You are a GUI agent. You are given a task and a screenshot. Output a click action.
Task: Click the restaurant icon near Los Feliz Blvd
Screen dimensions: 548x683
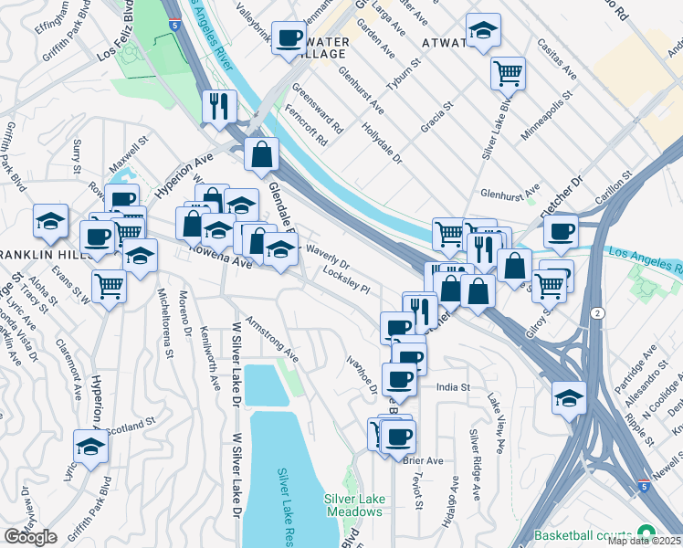coord(218,106)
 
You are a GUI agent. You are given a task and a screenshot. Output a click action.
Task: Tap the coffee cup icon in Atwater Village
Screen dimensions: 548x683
coord(289,38)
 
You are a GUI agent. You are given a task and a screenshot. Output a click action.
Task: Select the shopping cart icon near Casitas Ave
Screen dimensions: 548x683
coord(508,72)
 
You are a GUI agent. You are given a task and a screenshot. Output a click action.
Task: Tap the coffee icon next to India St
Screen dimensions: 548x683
coord(399,378)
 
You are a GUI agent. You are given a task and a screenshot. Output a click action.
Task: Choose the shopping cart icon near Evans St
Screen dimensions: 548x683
coord(109,286)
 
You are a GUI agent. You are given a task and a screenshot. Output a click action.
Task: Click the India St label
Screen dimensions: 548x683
coord(451,387)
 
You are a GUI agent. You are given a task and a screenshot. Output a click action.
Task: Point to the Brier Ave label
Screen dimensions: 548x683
coord(422,460)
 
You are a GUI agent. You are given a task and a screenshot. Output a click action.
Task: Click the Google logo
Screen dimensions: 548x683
coord(30,537)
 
